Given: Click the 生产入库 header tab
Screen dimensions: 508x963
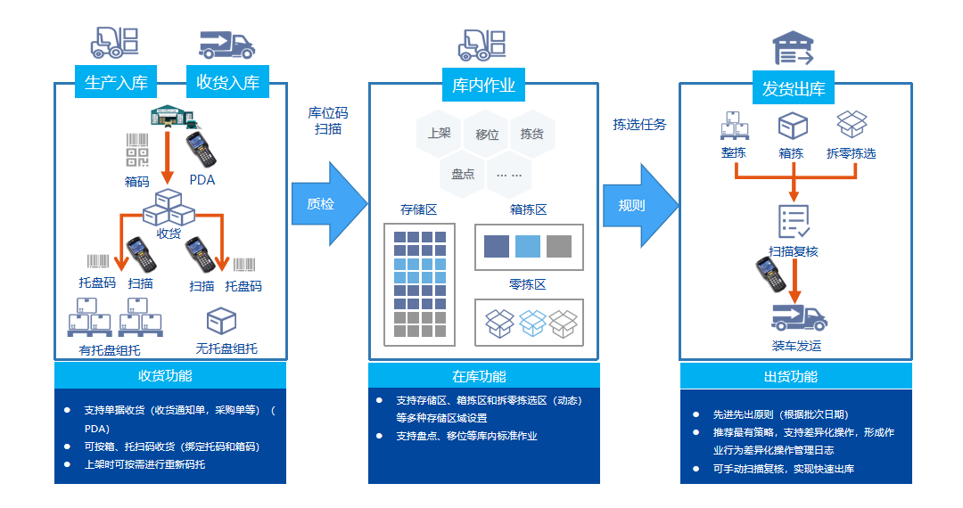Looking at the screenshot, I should coord(116,84).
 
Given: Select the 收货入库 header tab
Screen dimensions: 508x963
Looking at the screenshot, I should coord(227,84).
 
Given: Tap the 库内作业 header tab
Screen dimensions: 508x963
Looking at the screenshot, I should coord(483,86).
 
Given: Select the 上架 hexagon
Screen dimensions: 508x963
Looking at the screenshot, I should coord(439,135).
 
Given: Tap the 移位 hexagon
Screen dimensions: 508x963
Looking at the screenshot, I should coord(486,135).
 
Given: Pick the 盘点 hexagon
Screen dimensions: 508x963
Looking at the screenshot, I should coord(462,174).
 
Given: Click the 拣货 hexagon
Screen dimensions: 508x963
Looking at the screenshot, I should coord(532,135).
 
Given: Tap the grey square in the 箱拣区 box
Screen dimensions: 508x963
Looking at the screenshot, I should coord(559,246).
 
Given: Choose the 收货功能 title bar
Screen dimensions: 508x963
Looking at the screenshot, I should coord(170,375).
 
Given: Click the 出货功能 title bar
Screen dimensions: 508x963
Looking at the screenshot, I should coord(795,376).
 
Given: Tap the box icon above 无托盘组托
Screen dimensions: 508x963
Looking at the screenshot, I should coord(221,321).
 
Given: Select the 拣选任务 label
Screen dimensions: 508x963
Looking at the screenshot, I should coord(638,124).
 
